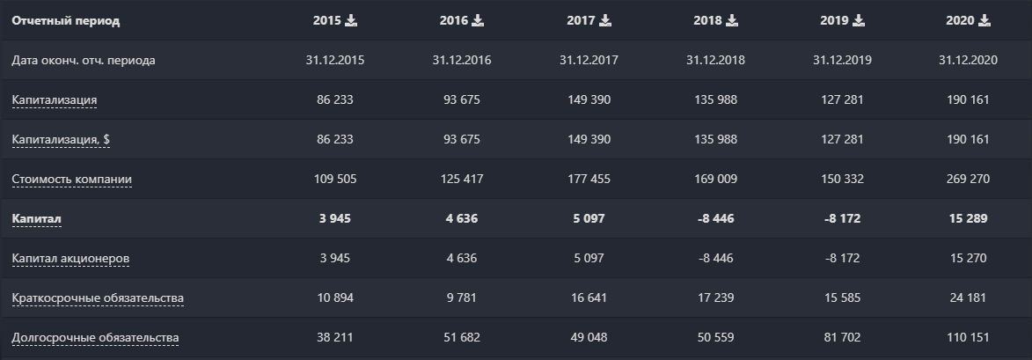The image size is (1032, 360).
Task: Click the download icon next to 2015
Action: click(351, 20)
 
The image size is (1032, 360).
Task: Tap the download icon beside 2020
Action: click(984, 20)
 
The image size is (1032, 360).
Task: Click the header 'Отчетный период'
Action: click(66, 20)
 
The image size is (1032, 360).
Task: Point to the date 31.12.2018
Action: click(714, 60)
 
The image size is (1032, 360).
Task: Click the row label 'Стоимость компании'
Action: click(71, 179)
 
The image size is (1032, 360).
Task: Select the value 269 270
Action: click(968, 179)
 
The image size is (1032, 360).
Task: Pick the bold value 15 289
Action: click(968, 218)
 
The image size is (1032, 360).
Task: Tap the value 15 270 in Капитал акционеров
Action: click(968, 258)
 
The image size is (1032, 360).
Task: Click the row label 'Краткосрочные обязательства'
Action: click(97, 298)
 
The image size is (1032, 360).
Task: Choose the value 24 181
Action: click(968, 298)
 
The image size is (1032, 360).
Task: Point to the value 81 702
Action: click(841, 338)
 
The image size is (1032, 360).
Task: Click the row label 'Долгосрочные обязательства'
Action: click(95, 338)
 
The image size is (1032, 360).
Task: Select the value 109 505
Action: click(334, 179)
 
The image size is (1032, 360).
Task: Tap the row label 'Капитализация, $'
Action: click(66, 139)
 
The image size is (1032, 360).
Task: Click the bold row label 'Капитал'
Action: click(36, 218)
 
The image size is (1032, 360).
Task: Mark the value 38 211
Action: click(334, 338)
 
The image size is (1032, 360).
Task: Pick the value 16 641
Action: click(588, 298)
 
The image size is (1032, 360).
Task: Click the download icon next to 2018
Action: click(732, 20)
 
